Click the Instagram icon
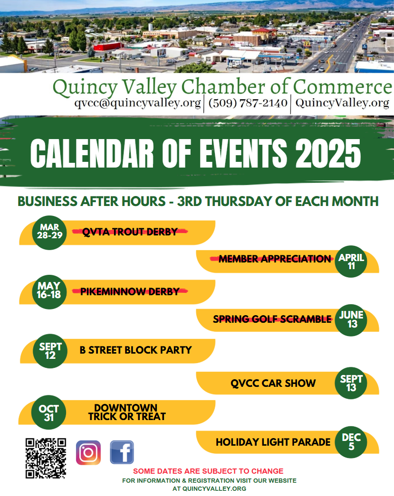click(x=88, y=452)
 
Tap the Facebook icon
click(x=122, y=452)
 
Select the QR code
click(x=46, y=458)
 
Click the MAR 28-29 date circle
click(x=50, y=232)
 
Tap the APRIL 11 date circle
click(x=351, y=262)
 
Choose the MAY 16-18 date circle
click(x=49, y=290)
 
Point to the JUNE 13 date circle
click(x=351, y=320)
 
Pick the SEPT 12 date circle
click(x=50, y=351)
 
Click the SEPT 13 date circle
click(x=351, y=383)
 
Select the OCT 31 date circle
click(x=49, y=412)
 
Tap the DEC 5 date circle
click(x=351, y=442)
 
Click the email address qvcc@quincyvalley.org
click(x=137, y=103)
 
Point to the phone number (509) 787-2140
click(x=248, y=103)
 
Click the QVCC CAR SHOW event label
click(x=273, y=383)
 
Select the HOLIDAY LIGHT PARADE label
click(x=273, y=442)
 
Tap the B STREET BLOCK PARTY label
click(x=135, y=350)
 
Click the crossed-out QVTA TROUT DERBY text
click(x=130, y=232)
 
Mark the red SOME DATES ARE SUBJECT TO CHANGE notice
click(x=208, y=471)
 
